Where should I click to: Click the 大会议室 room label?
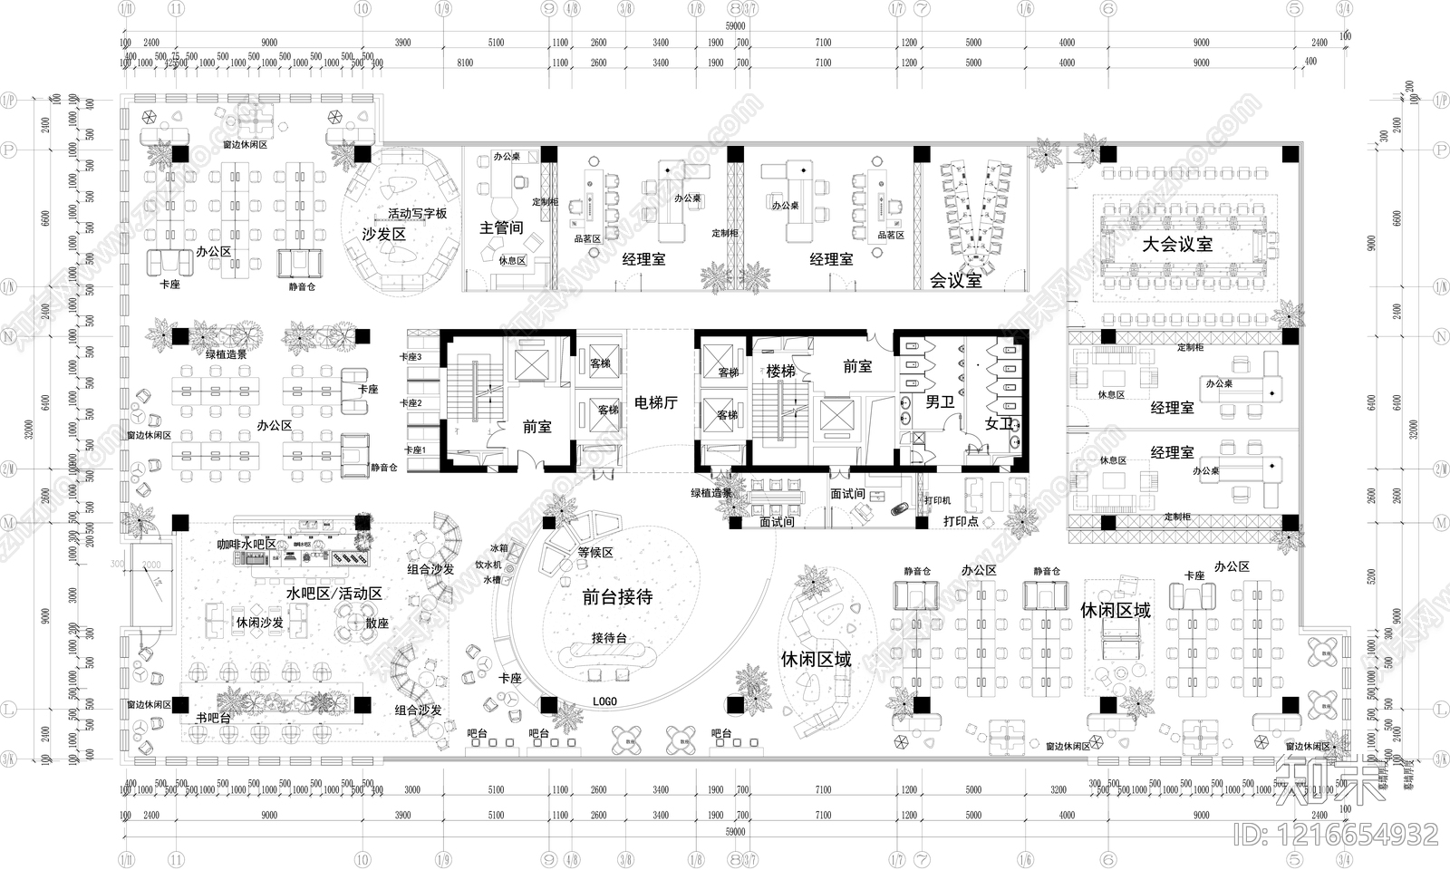(x=1176, y=245)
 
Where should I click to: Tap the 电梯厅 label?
(x=655, y=402)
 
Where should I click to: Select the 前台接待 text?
(x=617, y=596)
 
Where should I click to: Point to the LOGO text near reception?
(x=604, y=701)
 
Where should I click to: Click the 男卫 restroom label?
(x=939, y=401)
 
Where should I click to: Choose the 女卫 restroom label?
(x=999, y=423)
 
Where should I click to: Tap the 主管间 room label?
(x=501, y=227)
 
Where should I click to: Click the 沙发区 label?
(x=383, y=234)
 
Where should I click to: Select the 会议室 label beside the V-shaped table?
(x=955, y=280)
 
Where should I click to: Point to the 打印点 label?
(x=961, y=521)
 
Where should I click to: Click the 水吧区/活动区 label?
(x=333, y=593)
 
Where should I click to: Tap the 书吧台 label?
(x=213, y=718)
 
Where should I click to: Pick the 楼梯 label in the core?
(x=780, y=371)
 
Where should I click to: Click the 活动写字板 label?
(x=418, y=214)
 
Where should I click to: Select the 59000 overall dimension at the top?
(x=735, y=27)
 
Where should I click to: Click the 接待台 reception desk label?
(x=609, y=638)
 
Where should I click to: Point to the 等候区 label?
(x=595, y=552)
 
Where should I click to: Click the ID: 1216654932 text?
(x=1337, y=834)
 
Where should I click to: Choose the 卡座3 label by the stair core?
(x=411, y=357)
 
